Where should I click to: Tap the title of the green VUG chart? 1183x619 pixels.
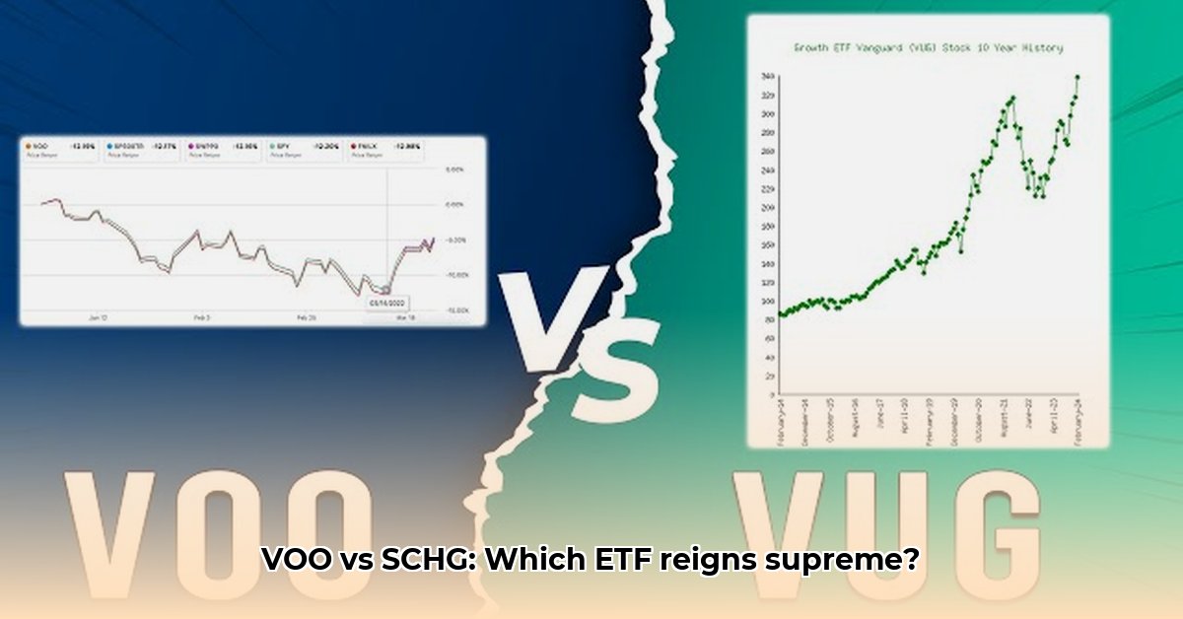point(928,47)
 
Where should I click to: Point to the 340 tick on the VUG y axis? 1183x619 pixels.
point(767,77)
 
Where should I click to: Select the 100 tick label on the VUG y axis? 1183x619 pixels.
point(767,302)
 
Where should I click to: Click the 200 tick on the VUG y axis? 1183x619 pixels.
point(767,208)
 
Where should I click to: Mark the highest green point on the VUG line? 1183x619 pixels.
point(1077,76)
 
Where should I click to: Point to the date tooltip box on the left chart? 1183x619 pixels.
point(386,303)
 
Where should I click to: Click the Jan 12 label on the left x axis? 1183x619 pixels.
point(97,317)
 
